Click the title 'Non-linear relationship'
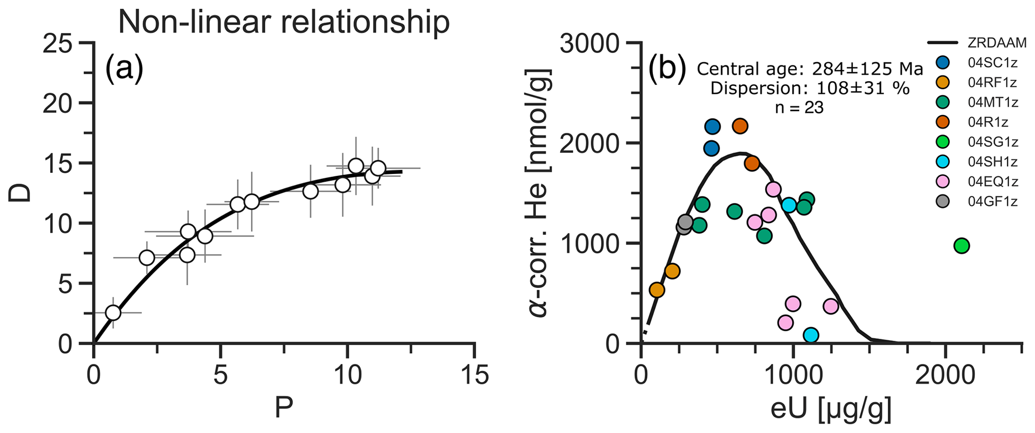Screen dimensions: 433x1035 (x=283, y=23)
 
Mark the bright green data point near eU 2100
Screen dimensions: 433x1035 (x=961, y=246)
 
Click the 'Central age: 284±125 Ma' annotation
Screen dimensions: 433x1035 (x=810, y=69)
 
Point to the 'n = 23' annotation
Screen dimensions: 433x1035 (x=799, y=107)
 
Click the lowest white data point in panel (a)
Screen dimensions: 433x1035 (x=113, y=313)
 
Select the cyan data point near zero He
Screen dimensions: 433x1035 (x=811, y=335)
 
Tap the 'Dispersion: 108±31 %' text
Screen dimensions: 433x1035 (x=810, y=89)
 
